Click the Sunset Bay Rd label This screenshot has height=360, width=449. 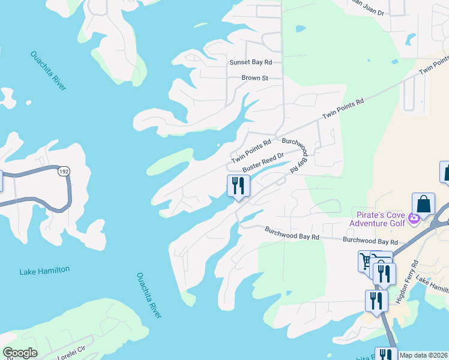(x=250, y=62)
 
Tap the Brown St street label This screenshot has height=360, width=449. (x=255, y=78)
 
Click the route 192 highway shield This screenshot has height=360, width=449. (x=63, y=172)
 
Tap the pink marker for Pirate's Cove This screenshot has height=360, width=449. (x=413, y=217)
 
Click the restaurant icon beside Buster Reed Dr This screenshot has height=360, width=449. (x=238, y=187)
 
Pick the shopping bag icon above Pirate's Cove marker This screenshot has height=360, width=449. (x=424, y=205)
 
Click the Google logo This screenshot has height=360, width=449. (x=20, y=353)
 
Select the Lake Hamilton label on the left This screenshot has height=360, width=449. (x=44, y=271)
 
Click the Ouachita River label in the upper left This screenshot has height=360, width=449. (x=48, y=71)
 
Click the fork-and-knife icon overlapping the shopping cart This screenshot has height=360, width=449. (x=384, y=274)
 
